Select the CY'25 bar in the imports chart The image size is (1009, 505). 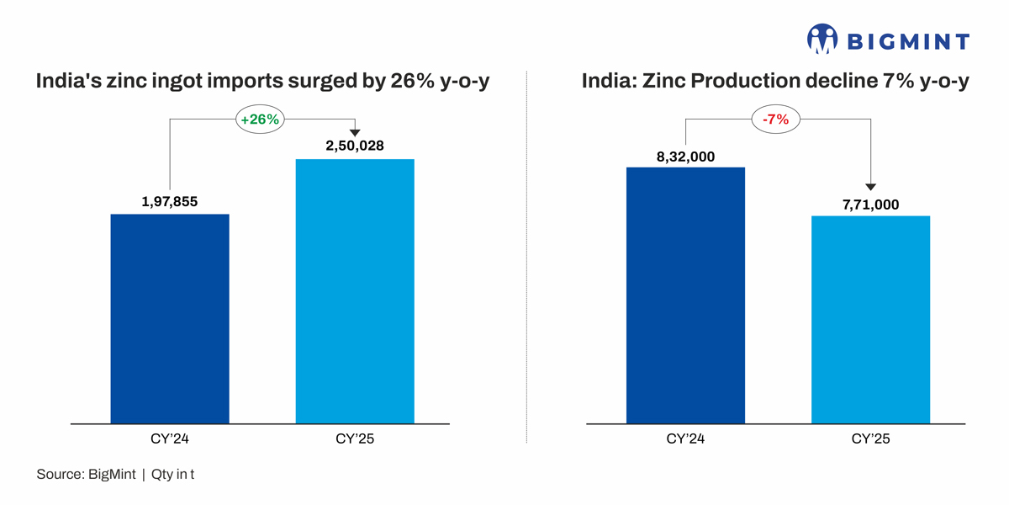355,290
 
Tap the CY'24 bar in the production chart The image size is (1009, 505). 685,295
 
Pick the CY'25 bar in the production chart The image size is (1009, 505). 870,319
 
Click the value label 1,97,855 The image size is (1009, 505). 170,201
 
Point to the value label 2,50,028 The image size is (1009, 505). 355,146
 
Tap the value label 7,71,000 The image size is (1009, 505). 870,204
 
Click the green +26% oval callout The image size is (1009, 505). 260,120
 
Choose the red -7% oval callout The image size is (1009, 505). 775,120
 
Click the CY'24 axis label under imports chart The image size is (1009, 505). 170,439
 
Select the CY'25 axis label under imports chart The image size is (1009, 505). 355,439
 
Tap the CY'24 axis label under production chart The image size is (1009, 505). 685,439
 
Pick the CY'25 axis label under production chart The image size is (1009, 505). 870,439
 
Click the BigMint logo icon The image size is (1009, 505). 822,40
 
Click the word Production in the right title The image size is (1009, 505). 747,82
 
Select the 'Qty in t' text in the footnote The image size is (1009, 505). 173,475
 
